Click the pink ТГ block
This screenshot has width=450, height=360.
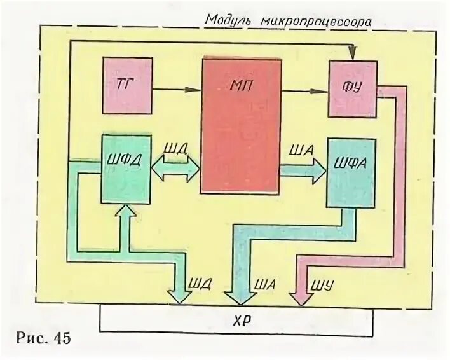click(x=127, y=85)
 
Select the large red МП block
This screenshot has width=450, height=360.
click(x=241, y=125)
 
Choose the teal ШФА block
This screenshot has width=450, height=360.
click(x=350, y=172)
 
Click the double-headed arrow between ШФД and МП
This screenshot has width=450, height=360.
click(x=176, y=169)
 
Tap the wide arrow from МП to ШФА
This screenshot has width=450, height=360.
click(x=303, y=170)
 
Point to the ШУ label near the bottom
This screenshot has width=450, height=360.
click(x=318, y=280)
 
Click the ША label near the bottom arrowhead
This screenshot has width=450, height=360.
click(x=263, y=280)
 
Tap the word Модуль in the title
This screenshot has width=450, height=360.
click(x=231, y=19)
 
